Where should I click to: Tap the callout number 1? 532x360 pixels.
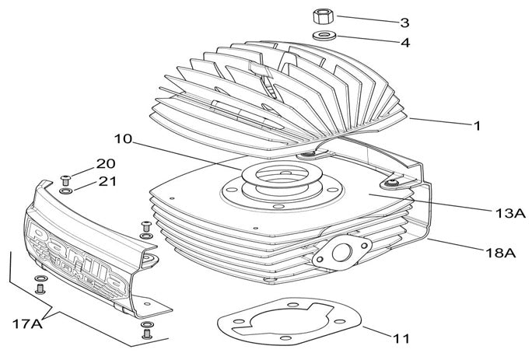click(477, 124)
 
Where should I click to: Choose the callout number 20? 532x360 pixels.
click(105, 164)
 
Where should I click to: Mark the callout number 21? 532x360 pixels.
click(105, 181)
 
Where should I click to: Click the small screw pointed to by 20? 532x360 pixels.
click(66, 178)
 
